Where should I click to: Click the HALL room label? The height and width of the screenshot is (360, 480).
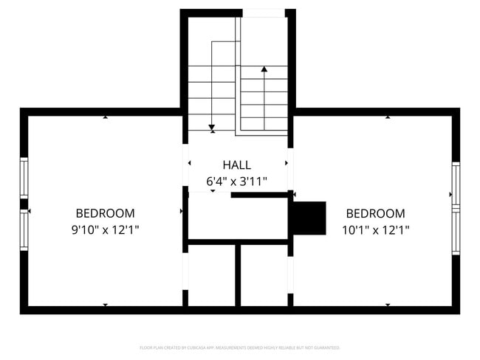236,165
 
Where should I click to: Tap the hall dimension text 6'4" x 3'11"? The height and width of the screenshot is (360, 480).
236,181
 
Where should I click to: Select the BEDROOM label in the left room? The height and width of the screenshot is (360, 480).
105,213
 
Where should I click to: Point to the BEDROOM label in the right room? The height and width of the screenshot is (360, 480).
375,213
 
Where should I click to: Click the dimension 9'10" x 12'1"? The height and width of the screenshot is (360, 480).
105,229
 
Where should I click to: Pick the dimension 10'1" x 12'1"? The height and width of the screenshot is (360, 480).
375,229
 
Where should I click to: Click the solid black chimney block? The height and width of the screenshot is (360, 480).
309,218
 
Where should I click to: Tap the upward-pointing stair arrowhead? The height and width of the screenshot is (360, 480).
264,69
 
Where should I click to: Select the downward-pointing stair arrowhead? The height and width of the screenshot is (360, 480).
212,128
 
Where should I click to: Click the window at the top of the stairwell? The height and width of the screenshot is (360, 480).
264,13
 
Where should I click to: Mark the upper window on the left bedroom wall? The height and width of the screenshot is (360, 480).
24,178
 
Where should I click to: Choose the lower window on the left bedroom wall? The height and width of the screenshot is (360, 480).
24,230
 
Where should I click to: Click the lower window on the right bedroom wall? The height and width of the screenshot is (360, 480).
456,232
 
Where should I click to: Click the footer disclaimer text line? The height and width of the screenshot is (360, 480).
239,347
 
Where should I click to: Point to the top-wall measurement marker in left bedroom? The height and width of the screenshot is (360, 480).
105,117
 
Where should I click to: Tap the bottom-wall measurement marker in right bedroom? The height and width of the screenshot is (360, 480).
388,305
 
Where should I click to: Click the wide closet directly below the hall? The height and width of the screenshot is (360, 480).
238,218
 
